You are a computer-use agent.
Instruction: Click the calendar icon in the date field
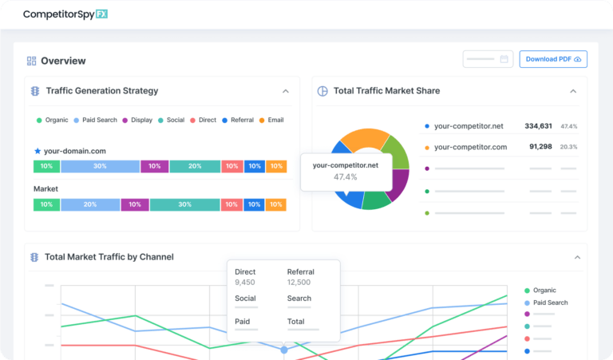(504, 59)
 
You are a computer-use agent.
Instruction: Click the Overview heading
(62, 61)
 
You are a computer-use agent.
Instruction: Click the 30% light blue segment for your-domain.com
(100, 166)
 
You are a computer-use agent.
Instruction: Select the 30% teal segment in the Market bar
(184, 204)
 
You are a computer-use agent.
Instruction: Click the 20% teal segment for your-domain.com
(195, 166)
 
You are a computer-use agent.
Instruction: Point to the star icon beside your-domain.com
(38, 151)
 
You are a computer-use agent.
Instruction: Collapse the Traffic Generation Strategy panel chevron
(286, 91)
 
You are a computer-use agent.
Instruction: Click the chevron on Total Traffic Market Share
(572, 91)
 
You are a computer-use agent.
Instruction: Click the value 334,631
(538, 126)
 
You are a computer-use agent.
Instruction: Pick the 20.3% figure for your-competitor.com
(568, 147)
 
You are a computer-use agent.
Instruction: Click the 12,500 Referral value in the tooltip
(299, 282)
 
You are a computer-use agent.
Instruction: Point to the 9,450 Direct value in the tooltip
(245, 282)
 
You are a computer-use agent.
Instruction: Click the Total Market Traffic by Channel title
(109, 257)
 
